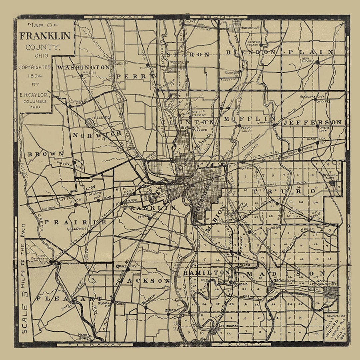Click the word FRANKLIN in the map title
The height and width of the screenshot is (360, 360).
[45, 36]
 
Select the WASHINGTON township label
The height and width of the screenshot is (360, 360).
[83, 67]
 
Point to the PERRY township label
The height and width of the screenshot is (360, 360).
[132, 76]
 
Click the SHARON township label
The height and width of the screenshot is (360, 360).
[189, 55]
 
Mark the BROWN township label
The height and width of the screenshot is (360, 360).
[46, 154]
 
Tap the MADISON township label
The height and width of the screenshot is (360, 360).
[286, 274]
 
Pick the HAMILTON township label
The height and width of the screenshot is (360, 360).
[207, 273]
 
